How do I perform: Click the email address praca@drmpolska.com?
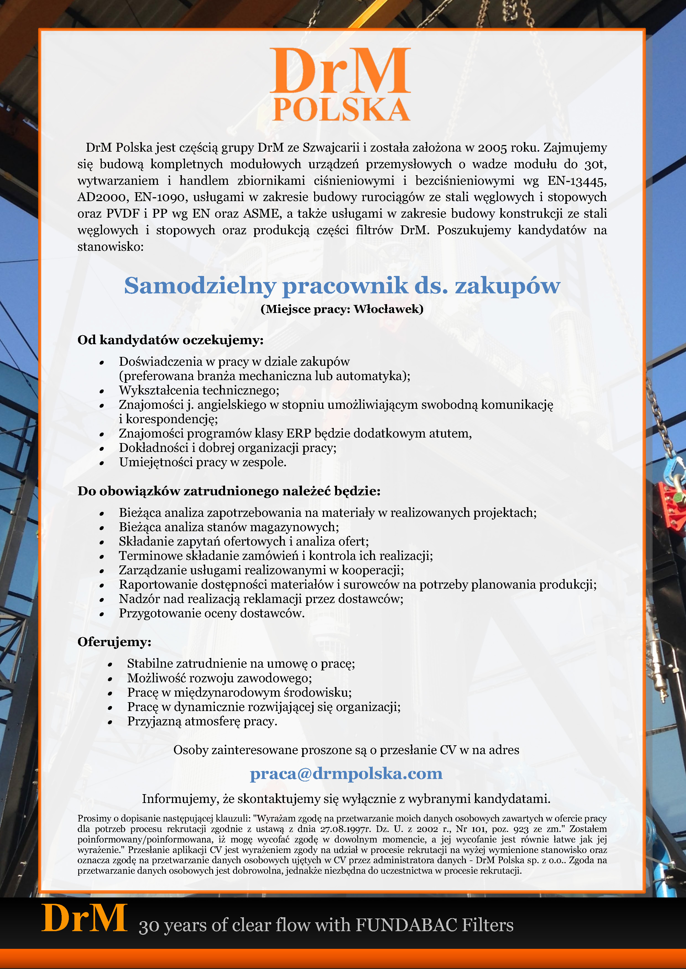(x=346, y=774)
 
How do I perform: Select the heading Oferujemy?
(x=114, y=642)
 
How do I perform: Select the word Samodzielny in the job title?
(x=200, y=286)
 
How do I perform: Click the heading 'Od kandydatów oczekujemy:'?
(x=170, y=340)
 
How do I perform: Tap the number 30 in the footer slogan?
(x=149, y=926)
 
